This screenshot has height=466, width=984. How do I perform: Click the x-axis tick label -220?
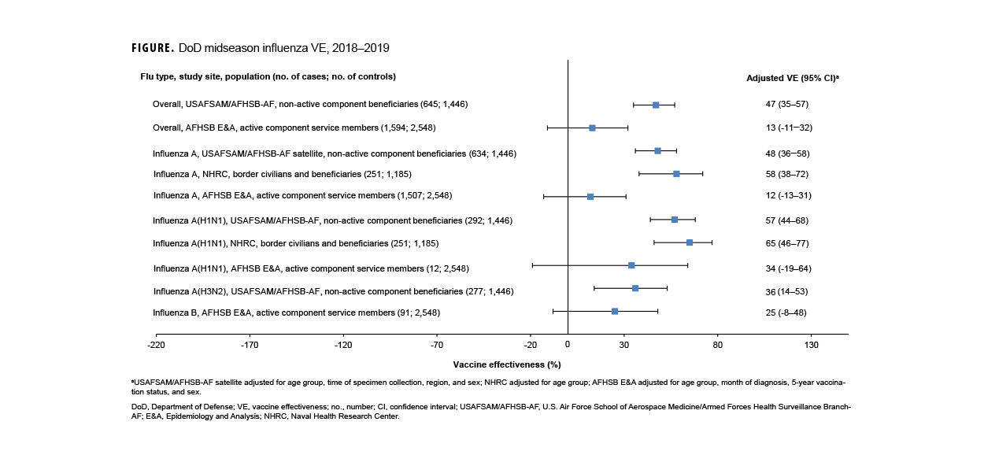click(156, 345)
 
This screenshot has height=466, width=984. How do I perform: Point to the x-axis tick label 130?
click(812, 345)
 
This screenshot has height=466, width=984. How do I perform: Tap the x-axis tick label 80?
click(718, 345)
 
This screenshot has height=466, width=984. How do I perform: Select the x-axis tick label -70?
click(437, 345)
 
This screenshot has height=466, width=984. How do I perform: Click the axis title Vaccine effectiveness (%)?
click(507, 364)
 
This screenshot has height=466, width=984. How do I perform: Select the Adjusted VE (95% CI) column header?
click(792, 78)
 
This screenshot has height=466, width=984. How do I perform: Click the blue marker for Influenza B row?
click(615, 312)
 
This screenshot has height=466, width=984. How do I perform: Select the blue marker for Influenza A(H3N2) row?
click(635, 288)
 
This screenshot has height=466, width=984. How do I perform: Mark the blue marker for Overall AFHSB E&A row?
click(592, 128)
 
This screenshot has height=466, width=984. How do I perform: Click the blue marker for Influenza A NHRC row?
click(676, 173)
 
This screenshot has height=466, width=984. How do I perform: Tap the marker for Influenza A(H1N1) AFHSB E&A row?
click(631, 265)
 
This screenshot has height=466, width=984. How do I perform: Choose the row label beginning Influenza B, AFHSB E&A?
click(296, 313)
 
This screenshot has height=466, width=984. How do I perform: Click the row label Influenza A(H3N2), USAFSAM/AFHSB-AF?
click(333, 291)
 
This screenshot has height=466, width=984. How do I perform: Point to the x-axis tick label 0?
click(568, 345)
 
